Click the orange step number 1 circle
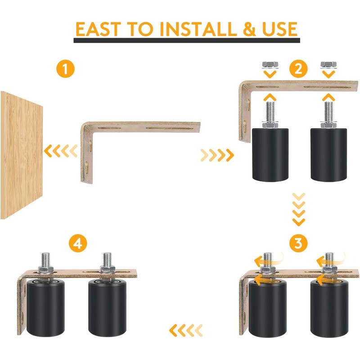66,69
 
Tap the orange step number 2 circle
297,69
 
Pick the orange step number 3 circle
297,243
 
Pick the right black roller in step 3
328,310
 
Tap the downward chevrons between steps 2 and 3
298,209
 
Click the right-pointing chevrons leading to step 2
217,155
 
